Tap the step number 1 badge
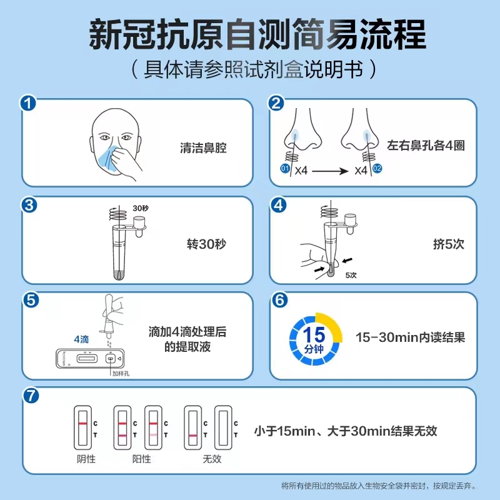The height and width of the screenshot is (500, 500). pyautogui.click(x=27, y=103)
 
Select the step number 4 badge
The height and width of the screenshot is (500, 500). pyautogui.click(x=279, y=204)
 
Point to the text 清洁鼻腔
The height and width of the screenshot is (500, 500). pyautogui.click(x=202, y=149)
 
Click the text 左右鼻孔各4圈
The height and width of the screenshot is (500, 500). pyautogui.click(x=425, y=146)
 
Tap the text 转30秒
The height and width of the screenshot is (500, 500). pyautogui.click(x=206, y=244)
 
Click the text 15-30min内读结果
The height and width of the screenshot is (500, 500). pyautogui.click(x=410, y=337)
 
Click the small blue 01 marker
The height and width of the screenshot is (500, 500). pyautogui.click(x=284, y=169)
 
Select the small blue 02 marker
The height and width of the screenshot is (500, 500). pyautogui.click(x=377, y=169)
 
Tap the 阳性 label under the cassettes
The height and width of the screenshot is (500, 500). pyautogui.click(x=141, y=459)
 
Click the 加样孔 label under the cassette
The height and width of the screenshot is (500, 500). pyautogui.click(x=121, y=373)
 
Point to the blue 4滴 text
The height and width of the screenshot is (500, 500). pyautogui.click(x=82, y=339)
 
